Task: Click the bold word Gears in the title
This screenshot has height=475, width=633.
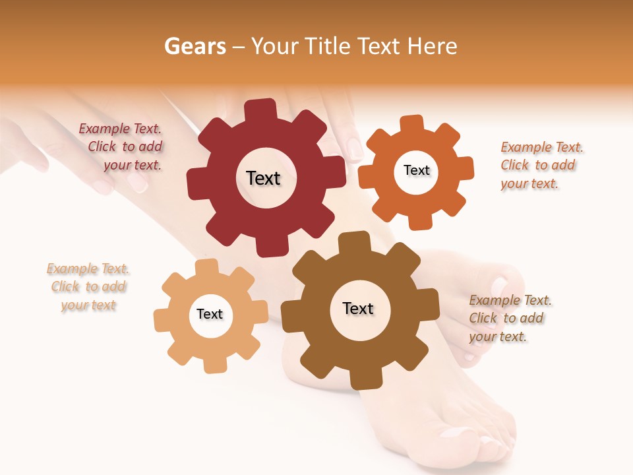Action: click(195, 46)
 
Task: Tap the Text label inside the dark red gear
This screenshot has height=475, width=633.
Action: click(263, 178)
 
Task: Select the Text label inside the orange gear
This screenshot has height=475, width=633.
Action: click(416, 170)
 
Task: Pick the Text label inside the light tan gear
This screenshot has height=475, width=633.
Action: click(210, 314)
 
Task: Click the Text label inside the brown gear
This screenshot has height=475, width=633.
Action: click(358, 308)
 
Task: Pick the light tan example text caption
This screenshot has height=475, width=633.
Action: click(88, 287)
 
